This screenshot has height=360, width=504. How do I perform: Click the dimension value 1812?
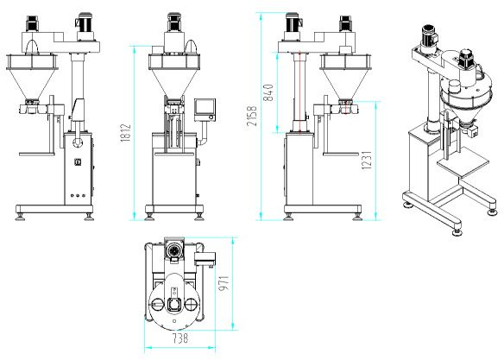point(126,132)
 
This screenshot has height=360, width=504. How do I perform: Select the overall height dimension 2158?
point(252,116)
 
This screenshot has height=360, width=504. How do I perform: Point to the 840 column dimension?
point(268,92)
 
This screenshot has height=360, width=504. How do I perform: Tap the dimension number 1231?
point(367,160)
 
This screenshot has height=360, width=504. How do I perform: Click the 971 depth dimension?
point(224,283)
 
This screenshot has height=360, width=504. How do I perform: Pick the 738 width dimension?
point(180,338)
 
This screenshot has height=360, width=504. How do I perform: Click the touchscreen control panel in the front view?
point(205,110)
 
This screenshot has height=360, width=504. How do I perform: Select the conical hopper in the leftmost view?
point(31,83)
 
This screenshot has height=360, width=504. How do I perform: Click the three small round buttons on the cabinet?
point(78,195)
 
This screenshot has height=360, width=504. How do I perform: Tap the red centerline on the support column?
point(299,92)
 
